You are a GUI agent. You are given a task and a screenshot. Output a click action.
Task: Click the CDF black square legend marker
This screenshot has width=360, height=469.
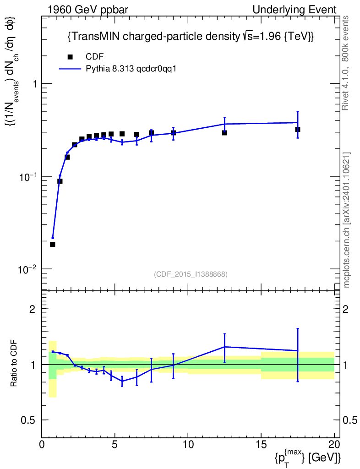(x=70, y=56)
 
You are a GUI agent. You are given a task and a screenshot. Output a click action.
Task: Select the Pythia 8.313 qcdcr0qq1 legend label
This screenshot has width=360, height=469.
(x=131, y=69)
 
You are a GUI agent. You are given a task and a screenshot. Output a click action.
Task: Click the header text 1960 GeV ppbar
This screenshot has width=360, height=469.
(x=87, y=10)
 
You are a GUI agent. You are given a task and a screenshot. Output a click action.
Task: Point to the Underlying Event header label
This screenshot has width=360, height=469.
(x=295, y=10)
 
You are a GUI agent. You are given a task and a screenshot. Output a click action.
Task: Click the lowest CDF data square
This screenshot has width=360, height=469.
(x=53, y=244)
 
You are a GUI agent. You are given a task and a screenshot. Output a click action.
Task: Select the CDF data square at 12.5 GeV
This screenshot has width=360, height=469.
(x=224, y=132)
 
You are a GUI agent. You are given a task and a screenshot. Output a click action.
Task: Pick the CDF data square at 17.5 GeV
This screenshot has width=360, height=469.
(x=298, y=129)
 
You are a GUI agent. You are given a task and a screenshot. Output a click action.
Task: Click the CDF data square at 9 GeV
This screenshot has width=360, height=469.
(x=174, y=132)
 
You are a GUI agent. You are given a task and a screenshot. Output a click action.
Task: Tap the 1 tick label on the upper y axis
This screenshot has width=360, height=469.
(x=35, y=84)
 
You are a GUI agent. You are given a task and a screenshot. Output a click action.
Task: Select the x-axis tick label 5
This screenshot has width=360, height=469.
(x=115, y=444)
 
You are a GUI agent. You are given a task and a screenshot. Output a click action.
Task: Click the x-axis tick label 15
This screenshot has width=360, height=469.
(x=261, y=444)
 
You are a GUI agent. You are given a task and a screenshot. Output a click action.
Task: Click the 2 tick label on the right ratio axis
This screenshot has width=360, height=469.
(x=346, y=309)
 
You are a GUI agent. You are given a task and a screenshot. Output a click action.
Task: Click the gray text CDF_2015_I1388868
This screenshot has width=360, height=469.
(x=191, y=274)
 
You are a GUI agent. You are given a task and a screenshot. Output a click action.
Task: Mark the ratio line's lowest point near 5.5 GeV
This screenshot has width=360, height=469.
(x=122, y=381)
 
